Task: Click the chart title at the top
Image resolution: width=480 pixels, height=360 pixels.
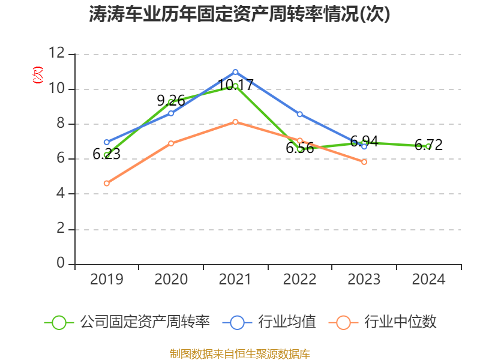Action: (x=240, y=14)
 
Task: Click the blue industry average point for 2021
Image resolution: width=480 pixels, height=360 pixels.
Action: (x=235, y=72)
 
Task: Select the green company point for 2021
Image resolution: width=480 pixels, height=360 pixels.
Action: (x=235, y=86)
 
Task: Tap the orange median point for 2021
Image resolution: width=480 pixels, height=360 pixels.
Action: (x=235, y=122)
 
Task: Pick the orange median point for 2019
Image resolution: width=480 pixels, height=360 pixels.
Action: (x=106, y=184)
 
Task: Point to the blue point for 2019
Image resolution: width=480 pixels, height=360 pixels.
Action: (x=106, y=142)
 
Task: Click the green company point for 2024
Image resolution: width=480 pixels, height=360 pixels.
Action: (x=428, y=146)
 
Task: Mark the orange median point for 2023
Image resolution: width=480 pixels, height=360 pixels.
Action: (x=364, y=162)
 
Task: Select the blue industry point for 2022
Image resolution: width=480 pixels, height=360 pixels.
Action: (x=299, y=114)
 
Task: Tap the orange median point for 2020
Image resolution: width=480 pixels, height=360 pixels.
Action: (x=171, y=143)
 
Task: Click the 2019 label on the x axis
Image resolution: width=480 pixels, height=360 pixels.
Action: (x=106, y=280)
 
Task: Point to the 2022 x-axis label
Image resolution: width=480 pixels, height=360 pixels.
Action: (x=299, y=280)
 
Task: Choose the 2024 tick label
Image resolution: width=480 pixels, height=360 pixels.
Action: (x=428, y=280)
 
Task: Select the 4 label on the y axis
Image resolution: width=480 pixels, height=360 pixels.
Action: (x=61, y=194)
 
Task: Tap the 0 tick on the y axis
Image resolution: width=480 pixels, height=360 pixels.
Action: (x=61, y=263)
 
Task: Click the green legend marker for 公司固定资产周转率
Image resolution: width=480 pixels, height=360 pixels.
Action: (x=59, y=322)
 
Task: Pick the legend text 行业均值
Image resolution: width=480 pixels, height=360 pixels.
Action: (x=287, y=322)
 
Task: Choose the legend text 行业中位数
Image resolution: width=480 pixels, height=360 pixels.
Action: (x=400, y=322)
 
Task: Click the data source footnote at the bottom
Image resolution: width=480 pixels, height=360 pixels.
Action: (x=240, y=353)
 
